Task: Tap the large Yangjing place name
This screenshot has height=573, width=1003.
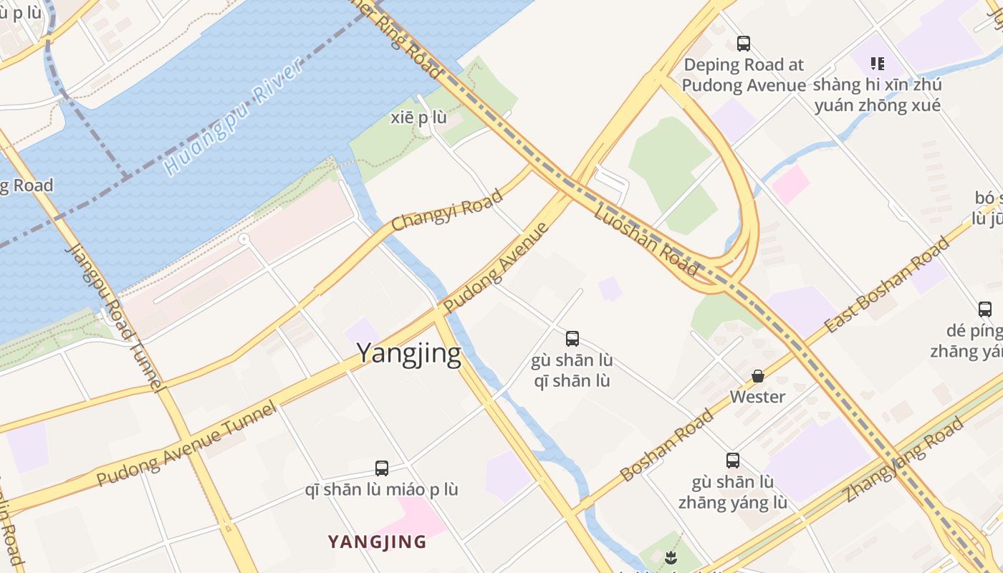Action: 408,353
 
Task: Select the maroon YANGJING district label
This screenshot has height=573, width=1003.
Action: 377,541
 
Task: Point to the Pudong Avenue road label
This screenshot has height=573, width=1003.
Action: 496,268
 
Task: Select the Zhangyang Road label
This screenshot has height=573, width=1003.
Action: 903,460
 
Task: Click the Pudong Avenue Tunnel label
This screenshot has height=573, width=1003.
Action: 186,444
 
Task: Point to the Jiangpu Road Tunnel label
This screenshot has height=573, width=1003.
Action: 115,317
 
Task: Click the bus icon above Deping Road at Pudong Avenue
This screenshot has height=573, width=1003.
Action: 744,44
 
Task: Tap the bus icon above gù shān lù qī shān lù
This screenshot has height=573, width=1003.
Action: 572,339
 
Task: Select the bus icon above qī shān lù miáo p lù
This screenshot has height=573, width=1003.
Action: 382,468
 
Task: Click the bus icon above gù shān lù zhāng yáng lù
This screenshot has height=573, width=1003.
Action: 732,461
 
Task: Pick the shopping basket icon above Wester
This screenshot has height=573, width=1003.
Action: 757,376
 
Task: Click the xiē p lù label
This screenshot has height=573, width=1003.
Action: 418,117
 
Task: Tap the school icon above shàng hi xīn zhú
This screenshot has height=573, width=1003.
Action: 878,64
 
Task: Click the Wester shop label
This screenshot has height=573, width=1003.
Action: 757,396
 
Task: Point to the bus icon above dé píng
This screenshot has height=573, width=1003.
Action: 985,309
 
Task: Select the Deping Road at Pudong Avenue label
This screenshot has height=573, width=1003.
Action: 744,74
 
